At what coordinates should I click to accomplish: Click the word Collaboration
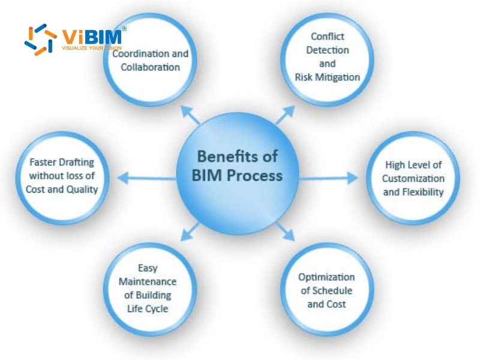150,67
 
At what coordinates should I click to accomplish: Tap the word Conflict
327,37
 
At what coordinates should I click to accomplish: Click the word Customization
413,178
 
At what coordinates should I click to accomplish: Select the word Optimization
326,277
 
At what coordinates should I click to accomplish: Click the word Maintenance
147,281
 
